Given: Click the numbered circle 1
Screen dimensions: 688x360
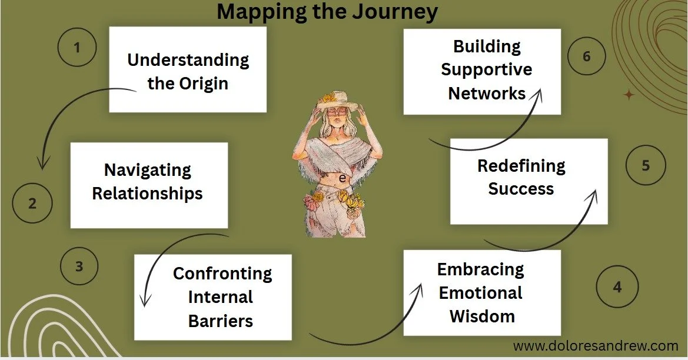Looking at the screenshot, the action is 77,47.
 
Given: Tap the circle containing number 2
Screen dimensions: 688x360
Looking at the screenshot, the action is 33,204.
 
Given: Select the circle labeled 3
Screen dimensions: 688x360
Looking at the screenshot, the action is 79,266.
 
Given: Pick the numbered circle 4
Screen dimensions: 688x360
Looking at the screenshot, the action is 617,287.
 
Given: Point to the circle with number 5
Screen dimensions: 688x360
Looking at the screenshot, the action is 646,165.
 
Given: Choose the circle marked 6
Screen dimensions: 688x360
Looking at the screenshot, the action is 587,57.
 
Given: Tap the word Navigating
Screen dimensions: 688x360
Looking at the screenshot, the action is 148,170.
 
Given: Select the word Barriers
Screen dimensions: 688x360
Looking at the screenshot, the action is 221,321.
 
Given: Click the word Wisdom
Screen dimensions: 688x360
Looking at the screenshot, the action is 482,316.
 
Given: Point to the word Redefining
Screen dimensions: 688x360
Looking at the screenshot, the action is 521,166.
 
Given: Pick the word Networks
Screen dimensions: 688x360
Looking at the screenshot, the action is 487,93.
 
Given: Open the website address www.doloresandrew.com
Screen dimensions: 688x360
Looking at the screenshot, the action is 596,346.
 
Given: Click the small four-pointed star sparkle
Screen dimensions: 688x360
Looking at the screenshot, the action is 629,95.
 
